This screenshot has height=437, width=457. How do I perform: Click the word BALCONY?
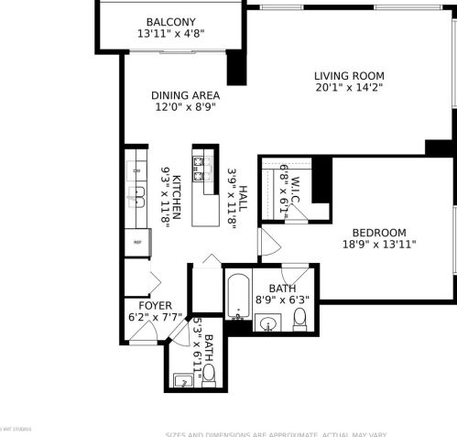[x=170, y=21]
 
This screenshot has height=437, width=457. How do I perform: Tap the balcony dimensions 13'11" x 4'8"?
[x=170, y=34]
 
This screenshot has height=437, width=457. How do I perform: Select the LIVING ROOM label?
[x=349, y=76]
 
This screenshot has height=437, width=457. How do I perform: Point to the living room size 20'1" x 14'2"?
[x=349, y=89]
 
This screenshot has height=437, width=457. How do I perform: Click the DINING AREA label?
[x=184, y=94]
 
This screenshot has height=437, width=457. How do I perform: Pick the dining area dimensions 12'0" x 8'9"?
[x=184, y=106]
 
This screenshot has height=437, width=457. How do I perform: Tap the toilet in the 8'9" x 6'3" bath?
[x=299, y=321]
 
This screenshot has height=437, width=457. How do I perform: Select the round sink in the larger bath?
[x=267, y=322]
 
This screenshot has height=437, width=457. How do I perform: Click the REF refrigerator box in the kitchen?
[x=136, y=242]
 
